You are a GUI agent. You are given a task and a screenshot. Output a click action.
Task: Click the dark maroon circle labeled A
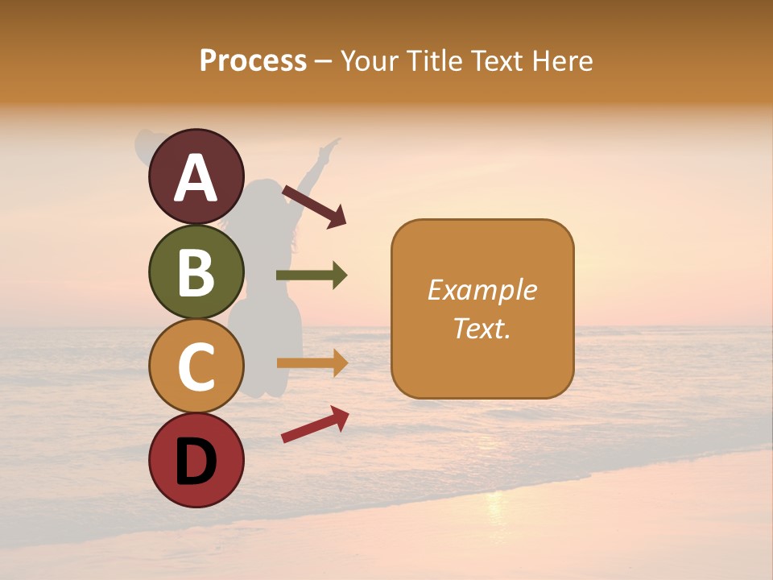pos(196,176)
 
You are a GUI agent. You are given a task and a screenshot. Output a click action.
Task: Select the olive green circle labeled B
pos(196,271)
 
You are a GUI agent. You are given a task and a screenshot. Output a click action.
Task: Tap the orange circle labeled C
pos(196,367)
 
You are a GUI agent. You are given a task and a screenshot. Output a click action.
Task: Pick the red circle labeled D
pos(196,460)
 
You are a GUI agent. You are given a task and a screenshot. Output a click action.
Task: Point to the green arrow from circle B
pos(312,275)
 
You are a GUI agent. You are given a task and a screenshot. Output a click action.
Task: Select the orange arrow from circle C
pos(312,362)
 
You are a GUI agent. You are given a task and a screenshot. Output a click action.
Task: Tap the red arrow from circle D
pos(315,424)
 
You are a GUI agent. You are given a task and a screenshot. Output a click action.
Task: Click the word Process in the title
pos(253,61)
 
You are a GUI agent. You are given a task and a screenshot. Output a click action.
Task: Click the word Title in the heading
pos(436,61)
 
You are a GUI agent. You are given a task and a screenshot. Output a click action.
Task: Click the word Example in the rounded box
pos(482,290)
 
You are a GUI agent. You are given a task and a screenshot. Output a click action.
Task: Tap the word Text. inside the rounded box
pos(482,328)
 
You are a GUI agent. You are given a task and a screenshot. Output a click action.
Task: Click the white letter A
pos(196,178)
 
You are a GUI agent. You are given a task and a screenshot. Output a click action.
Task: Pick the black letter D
pos(196,462)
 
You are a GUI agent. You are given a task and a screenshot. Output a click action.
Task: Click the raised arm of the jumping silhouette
pos(322,161)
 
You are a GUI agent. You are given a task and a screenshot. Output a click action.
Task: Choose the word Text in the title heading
pos(498,61)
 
